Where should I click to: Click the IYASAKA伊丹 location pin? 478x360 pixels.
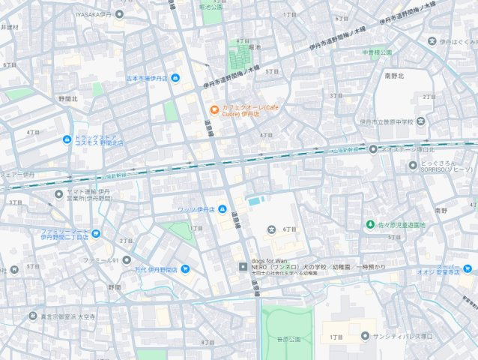pyautogui.click(x=119, y=14)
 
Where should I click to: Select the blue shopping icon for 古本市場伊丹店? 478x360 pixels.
pyautogui.click(x=175, y=77)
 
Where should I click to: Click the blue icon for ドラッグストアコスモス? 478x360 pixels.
pyautogui.click(x=65, y=139)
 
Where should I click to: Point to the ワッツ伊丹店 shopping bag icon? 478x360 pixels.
pyautogui.click(x=223, y=208)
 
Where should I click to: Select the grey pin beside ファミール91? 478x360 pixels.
pyautogui.click(x=127, y=260)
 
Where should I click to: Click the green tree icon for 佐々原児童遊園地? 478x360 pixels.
pyautogui.click(x=369, y=224)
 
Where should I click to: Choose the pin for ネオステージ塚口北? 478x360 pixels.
pyautogui.click(x=372, y=149)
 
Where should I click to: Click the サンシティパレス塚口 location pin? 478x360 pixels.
pyautogui.click(x=365, y=336)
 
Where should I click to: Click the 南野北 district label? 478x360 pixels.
pyautogui.click(x=394, y=76)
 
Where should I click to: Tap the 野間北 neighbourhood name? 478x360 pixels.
pyautogui.click(x=68, y=98)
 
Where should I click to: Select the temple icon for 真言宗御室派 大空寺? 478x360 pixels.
pyautogui.click(x=32, y=316)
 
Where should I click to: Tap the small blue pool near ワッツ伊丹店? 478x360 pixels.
pyautogui.click(x=255, y=201)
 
